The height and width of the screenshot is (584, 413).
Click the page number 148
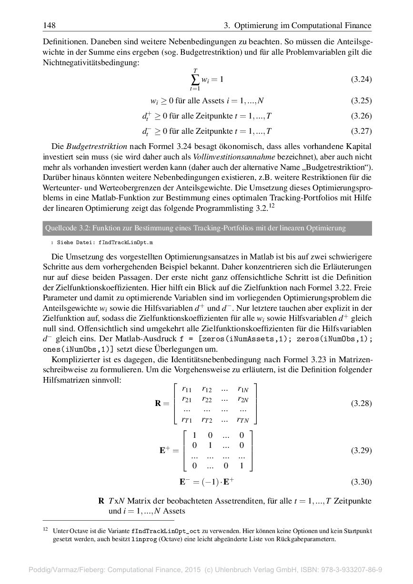pos(49,25)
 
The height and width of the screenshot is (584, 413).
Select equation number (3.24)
pos(361,79)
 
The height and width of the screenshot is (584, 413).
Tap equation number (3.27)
pos(361,131)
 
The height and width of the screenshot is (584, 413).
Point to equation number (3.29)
pos(361,450)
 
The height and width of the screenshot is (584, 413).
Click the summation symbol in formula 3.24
pos(195,79)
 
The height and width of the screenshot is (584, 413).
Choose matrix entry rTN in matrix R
pos(242,420)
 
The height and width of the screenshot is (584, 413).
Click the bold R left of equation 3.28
pos(158,404)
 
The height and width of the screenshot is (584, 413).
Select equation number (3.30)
pos(361,482)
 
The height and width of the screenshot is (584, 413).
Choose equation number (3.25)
pos(361,100)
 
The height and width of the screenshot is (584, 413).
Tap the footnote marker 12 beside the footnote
pos(46,529)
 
